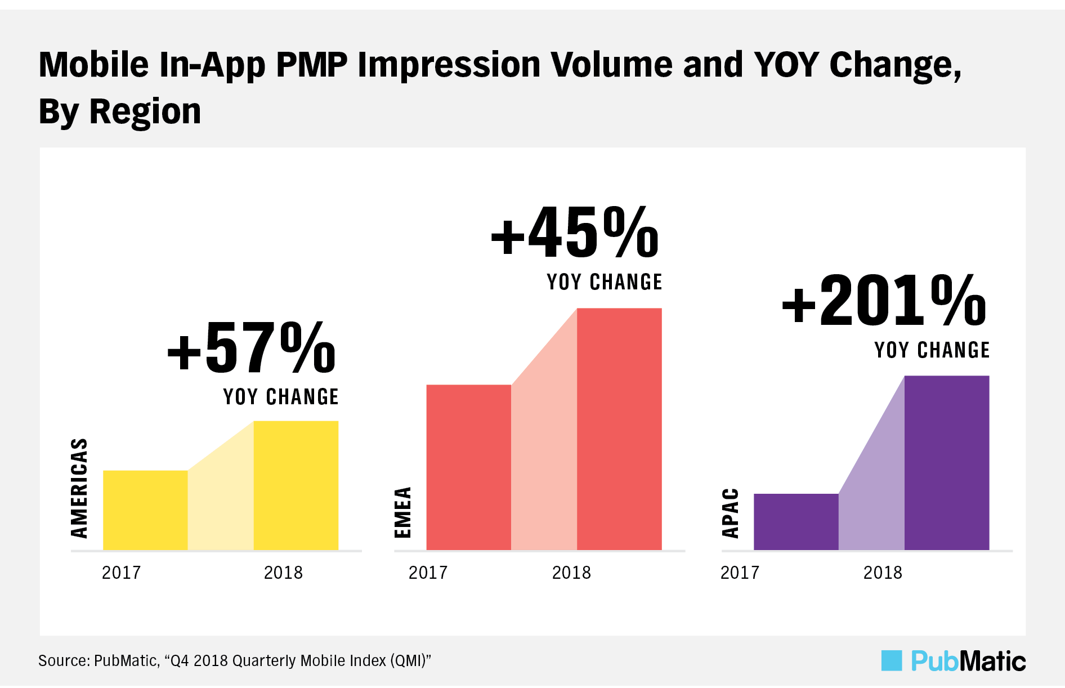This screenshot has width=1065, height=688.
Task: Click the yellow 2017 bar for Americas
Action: coord(145,510)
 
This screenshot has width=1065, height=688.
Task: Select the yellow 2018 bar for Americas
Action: coord(296,485)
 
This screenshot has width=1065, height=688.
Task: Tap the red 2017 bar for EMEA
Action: coord(468,467)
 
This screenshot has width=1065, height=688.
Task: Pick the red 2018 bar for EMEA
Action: coord(619,429)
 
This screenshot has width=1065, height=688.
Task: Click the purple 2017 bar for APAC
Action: coord(796,522)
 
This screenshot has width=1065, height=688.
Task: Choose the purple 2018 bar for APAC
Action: coord(947,463)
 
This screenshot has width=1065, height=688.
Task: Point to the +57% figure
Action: coord(252,348)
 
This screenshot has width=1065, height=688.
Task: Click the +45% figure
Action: coord(575,232)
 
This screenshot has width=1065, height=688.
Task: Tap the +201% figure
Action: coord(884,301)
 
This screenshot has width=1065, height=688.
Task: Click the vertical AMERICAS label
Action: coord(79,488)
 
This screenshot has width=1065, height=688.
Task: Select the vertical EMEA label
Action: coord(403,512)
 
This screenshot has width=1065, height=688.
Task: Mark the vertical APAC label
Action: coord(730,513)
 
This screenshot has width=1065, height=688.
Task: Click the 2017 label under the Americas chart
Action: coord(121,573)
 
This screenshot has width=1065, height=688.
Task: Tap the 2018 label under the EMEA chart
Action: coord(571,573)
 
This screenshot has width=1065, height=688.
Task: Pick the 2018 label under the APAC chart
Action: coord(883,573)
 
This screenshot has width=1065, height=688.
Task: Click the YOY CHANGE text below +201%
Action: coord(932,350)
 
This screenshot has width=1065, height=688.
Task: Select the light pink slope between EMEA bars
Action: coord(544,462)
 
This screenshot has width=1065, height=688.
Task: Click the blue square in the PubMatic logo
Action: coord(892,660)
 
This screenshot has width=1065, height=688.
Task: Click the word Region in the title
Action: coord(145,111)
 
